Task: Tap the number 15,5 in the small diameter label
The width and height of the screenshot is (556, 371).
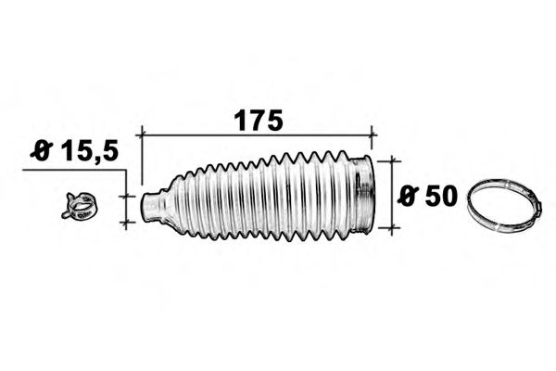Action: [90, 151]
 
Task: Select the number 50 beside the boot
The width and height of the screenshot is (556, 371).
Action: [439, 196]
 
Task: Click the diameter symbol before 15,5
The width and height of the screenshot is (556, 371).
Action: [41, 151]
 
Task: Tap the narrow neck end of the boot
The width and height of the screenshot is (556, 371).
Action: [149, 206]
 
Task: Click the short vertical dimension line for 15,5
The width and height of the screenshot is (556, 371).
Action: [127, 207]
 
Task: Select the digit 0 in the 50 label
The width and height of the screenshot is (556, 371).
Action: [450, 196]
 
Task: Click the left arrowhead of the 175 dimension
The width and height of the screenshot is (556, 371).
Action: [144, 135]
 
